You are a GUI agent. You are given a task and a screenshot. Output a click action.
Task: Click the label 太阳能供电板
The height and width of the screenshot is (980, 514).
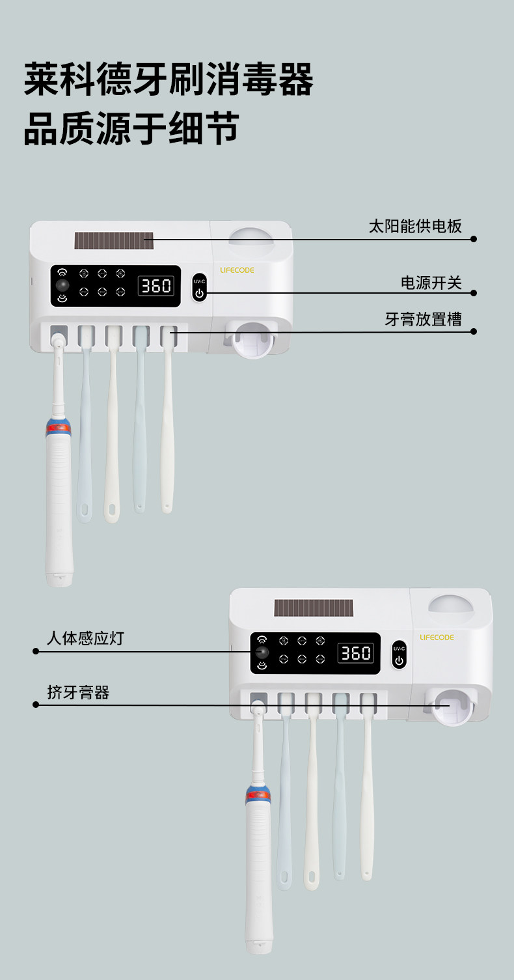(415, 226)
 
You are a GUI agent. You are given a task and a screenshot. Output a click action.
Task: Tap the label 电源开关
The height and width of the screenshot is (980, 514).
(431, 283)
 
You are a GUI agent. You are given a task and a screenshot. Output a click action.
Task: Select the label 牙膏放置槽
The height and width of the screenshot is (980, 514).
(423, 320)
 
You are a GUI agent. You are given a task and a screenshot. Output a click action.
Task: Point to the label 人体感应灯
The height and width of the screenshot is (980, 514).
(85, 638)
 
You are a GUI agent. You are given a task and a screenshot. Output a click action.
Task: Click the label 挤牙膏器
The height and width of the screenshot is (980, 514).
(78, 692)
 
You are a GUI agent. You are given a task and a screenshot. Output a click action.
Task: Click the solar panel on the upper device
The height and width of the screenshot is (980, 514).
(114, 240)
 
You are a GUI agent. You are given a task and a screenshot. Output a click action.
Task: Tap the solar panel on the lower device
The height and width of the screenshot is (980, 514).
(314, 608)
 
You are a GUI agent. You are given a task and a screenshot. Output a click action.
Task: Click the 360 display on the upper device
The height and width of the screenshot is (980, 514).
(156, 285)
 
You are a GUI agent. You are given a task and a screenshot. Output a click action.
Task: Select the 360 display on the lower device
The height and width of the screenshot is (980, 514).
(356, 653)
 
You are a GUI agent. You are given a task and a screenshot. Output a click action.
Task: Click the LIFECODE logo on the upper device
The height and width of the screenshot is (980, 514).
(237, 270)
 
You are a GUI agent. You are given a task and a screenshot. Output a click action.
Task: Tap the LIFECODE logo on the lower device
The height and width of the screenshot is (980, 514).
(437, 637)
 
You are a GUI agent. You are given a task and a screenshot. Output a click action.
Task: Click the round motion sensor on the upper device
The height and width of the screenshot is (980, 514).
(62, 285)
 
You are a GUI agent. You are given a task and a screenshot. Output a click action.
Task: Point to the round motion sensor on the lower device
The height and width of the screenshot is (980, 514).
(262, 652)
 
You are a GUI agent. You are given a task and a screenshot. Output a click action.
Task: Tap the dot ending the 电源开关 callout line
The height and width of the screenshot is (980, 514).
(474, 294)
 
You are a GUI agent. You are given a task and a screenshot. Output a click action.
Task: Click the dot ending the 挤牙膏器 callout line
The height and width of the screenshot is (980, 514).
(36, 705)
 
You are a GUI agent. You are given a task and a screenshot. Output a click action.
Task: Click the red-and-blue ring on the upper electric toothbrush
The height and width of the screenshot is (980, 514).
(59, 428)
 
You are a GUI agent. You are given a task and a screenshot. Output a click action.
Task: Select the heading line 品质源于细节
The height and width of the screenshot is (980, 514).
(131, 128)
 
